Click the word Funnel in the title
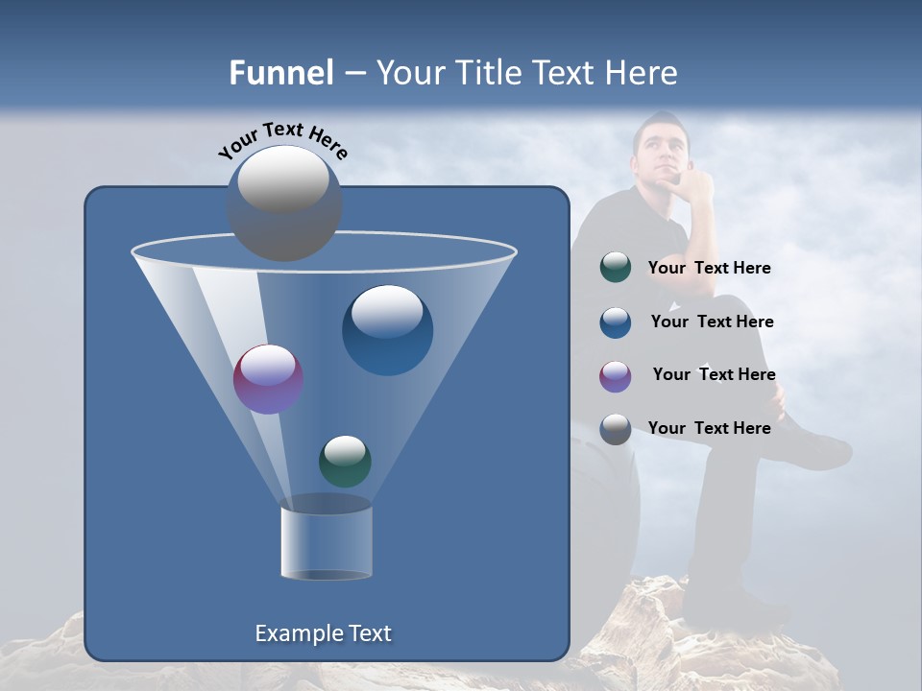pos(281,73)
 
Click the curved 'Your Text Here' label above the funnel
pos(283,140)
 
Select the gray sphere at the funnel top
pos(284,203)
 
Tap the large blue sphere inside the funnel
pos(387,329)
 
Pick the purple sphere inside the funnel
pos(268,379)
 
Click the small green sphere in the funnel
pos(345,461)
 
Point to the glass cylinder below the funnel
pos(327,542)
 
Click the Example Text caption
pos(324,633)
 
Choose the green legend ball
pos(616,268)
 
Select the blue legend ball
pos(616,322)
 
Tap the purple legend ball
pos(616,376)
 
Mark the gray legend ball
pos(616,429)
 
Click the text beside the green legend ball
pos(709,269)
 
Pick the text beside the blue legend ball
pos(712,322)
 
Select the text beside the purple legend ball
pos(714,375)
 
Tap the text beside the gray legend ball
pos(709,428)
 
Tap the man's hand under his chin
pos(693,184)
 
